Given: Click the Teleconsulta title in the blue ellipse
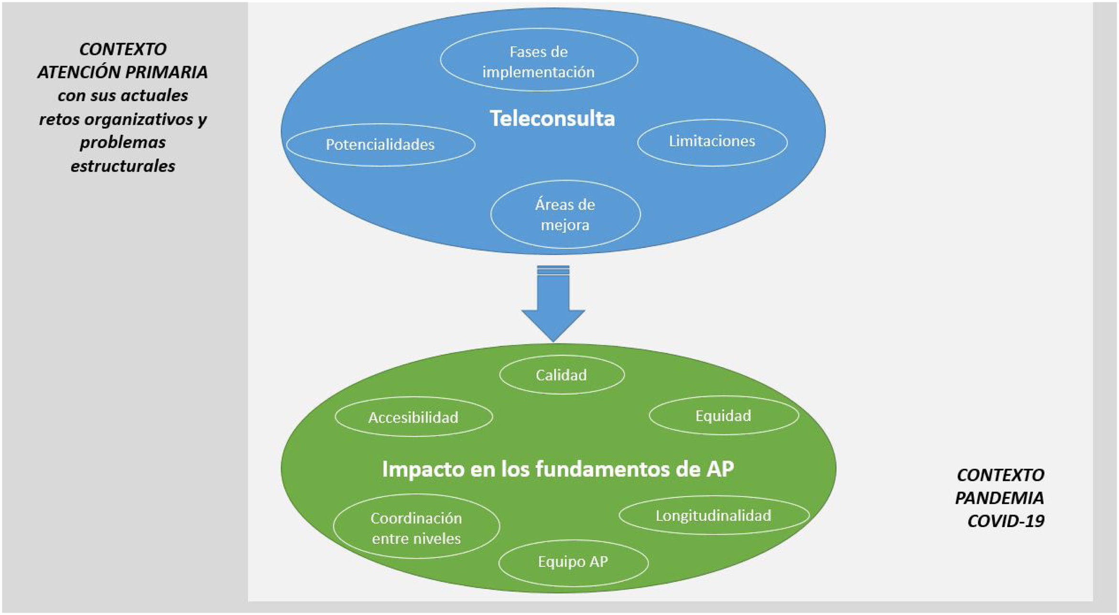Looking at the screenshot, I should click(x=552, y=118).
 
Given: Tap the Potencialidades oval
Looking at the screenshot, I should click(x=380, y=145).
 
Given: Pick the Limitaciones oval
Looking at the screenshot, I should click(x=712, y=141).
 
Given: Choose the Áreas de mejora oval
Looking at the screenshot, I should click(x=565, y=214).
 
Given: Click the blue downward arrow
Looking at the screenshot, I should click(x=553, y=306).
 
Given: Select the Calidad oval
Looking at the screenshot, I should click(x=561, y=375).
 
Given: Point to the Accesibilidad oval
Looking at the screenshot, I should click(x=413, y=417).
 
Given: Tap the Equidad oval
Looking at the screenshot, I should click(x=723, y=416).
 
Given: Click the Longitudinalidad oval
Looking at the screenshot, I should click(x=713, y=516).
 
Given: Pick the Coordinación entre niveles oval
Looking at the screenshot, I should click(x=416, y=528).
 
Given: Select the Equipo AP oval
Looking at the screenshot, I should click(x=573, y=562).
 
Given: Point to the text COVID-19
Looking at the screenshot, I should click(x=1005, y=521).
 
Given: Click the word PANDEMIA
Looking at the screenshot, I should click(x=999, y=498).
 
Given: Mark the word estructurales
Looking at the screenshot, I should click(x=123, y=166).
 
